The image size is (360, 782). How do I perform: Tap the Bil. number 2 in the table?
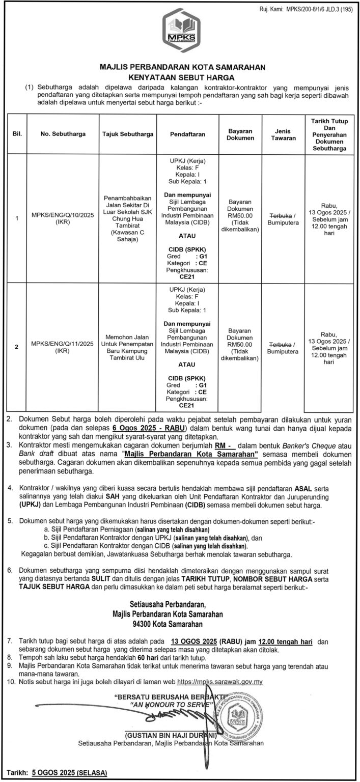tap(17, 347)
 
